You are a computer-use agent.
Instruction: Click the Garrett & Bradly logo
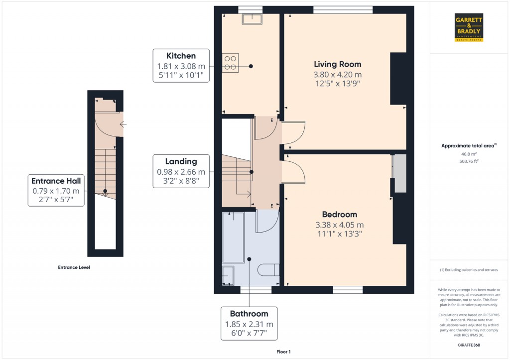(469, 28)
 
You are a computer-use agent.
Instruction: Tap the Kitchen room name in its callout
(181, 56)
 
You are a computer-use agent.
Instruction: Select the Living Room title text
(337, 64)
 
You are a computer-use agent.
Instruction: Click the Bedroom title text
(339, 214)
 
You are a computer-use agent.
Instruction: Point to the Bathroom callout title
(249, 314)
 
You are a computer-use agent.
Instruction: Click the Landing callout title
(181, 161)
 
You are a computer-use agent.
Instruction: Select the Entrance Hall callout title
(56, 181)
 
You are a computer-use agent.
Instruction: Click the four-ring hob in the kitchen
(230, 63)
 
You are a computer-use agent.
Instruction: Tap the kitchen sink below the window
(252, 19)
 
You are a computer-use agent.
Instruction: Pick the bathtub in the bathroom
(233, 238)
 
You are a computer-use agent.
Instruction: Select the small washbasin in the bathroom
(228, 275)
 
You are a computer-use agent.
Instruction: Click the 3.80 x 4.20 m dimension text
(337, 75)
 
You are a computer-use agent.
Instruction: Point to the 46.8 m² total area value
(469, 154)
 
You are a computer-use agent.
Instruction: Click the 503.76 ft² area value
(469, 161)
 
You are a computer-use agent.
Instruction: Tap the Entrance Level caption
(74, 267)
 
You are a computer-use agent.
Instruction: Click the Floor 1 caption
(283, 352)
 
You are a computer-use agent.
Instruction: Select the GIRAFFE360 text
(469, 345)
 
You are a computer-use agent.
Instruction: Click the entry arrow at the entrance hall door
(124, 124)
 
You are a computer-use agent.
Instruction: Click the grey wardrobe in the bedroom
(400, 173)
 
